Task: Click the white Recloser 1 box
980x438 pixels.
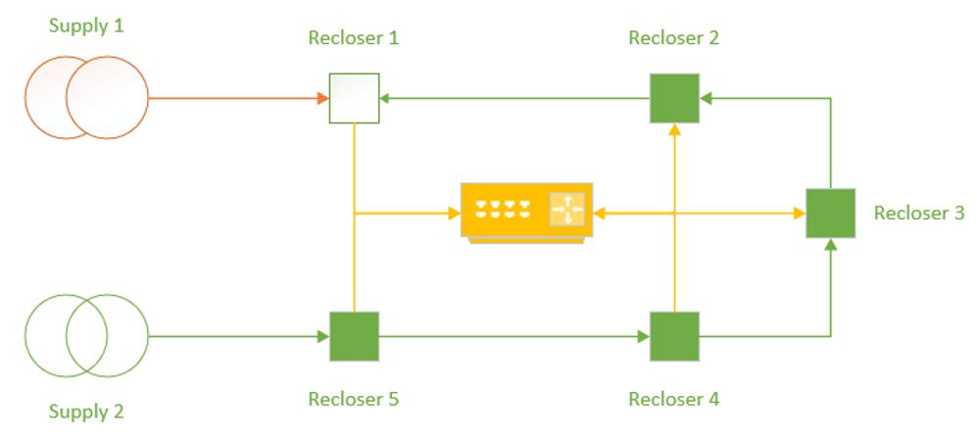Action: [x=354, y=98]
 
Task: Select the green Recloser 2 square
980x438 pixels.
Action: [x=675, y=98]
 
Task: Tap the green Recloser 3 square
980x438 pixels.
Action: [x=831, y=213]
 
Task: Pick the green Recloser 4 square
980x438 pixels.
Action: [x=675, y=337]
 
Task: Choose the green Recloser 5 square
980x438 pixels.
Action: [x=354, y=337]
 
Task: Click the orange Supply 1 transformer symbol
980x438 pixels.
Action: [x=86, y=98]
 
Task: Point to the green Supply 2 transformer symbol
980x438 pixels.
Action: [x=86, y=337]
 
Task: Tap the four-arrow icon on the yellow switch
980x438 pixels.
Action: [x=566, y=209]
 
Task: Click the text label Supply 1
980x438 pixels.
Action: [x=86, y=24]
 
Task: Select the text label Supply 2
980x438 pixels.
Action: [x=86, y=412]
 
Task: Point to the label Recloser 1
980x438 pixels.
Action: [x=353, y=39]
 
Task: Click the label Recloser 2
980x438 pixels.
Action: [x=673, y=39]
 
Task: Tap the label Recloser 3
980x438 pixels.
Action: [x=918, y=213]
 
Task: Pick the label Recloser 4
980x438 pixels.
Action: [x=673, y=399]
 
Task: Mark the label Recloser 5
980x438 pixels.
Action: [x=353, y=399]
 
